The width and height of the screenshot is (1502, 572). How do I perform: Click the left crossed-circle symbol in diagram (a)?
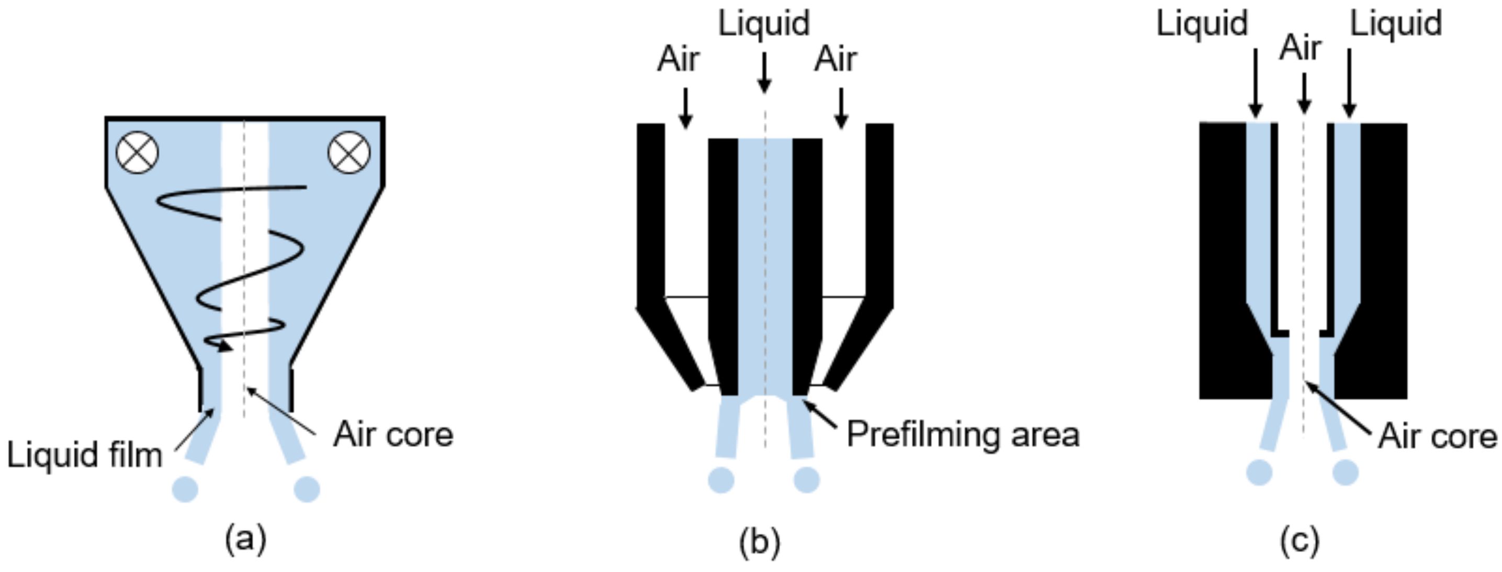click(138, 153)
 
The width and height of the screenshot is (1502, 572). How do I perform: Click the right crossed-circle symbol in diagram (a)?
click(348, 153)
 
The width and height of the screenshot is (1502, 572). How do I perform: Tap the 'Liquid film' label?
click(85, 455)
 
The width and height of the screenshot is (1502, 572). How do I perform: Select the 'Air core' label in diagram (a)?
click(393, 435)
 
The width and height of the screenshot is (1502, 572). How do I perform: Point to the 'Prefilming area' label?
click(963, 435)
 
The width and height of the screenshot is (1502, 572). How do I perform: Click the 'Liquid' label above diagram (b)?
click(764, 25)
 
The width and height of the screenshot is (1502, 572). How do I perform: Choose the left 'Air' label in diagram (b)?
click(678, 60)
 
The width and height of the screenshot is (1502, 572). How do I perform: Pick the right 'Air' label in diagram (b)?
click(835, 60)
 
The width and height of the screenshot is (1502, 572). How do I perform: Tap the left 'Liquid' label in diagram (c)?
click(1202, 25)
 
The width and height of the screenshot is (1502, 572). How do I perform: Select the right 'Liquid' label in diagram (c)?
click(1396, 25)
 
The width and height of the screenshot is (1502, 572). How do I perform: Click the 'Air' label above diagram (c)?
click(1300, 48)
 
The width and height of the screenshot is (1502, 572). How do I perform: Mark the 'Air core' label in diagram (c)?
click(1437, 436)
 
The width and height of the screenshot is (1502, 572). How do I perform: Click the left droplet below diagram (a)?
click(185, 489)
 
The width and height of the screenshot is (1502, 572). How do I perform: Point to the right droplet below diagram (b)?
click(807, 479)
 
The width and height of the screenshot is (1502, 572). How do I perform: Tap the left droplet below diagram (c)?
click(1259, 472)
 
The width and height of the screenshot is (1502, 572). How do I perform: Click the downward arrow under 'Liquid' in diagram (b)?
click(764, 73)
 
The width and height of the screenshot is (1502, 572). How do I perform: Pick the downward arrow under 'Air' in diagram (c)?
click(1304, 93)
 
